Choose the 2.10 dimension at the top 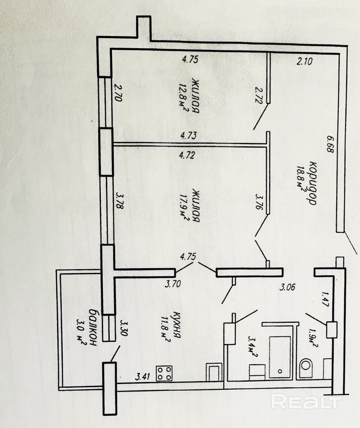tap(304, 61)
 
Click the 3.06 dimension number tap(287, 287)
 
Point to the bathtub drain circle tap(280, 371)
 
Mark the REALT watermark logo tap(305, 401)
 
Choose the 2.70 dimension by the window tap(119, 93)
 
